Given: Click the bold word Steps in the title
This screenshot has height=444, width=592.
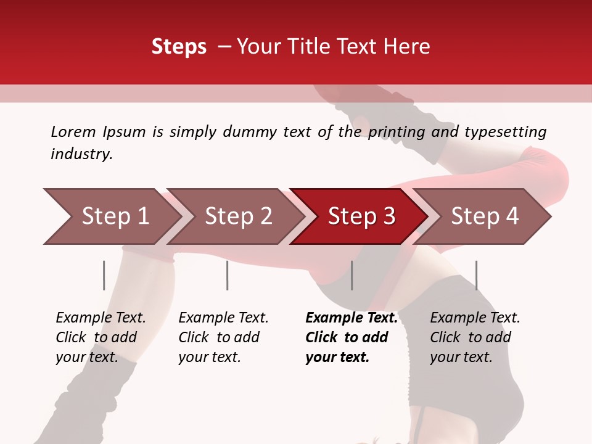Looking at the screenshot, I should click(179, 47).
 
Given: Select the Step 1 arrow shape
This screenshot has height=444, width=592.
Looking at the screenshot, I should click(115, 216).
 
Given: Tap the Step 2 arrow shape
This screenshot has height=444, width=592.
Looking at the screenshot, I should click(238, 216).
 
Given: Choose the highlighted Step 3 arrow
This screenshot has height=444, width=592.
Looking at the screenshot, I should click(361, 216).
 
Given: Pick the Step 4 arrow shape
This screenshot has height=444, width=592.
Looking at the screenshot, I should click(485, 216).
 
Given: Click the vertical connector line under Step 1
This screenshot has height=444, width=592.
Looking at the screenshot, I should click(104, 275).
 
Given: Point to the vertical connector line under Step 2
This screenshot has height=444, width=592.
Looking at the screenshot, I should click(228, 275).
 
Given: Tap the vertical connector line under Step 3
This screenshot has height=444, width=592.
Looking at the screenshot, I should click(351, 275).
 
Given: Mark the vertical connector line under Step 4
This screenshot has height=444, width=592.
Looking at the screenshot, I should click(476, 275).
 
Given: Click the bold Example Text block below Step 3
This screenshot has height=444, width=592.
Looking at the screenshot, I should click(351, 337).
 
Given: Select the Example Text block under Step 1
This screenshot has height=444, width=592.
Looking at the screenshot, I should click(101, 337).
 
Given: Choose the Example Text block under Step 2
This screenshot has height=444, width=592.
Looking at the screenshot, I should click(223, 337).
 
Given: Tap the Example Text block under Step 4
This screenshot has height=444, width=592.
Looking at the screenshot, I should click(475, 337).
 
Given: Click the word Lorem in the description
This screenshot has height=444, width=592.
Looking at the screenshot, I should click(73, 131).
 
